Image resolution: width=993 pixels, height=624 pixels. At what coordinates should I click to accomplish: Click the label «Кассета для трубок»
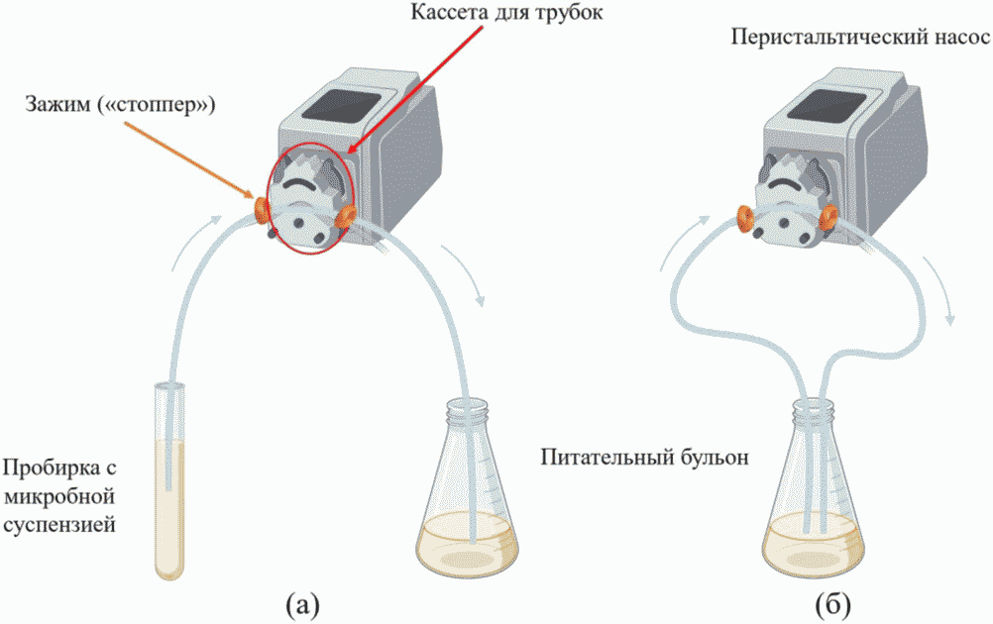coord(506,13)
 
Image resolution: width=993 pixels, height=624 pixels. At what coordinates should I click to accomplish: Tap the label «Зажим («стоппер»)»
coord(120,104)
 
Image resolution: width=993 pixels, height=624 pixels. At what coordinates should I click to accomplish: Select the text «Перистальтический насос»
coord(860,38)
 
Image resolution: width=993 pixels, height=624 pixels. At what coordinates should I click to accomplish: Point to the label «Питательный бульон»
coord(645,457)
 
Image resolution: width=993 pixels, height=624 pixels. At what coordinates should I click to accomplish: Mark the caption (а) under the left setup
coord(302,605)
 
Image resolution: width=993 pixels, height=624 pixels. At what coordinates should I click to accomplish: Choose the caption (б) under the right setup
coord(833,605)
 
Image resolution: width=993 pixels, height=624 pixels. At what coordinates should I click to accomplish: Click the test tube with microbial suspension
coord(169,481)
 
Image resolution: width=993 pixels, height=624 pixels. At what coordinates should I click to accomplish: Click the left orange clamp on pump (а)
coord(261,210)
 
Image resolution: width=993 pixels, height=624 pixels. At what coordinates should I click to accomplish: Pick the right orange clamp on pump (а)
coord(345,217)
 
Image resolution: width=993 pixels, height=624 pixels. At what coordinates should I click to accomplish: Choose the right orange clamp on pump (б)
coord(827,218)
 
